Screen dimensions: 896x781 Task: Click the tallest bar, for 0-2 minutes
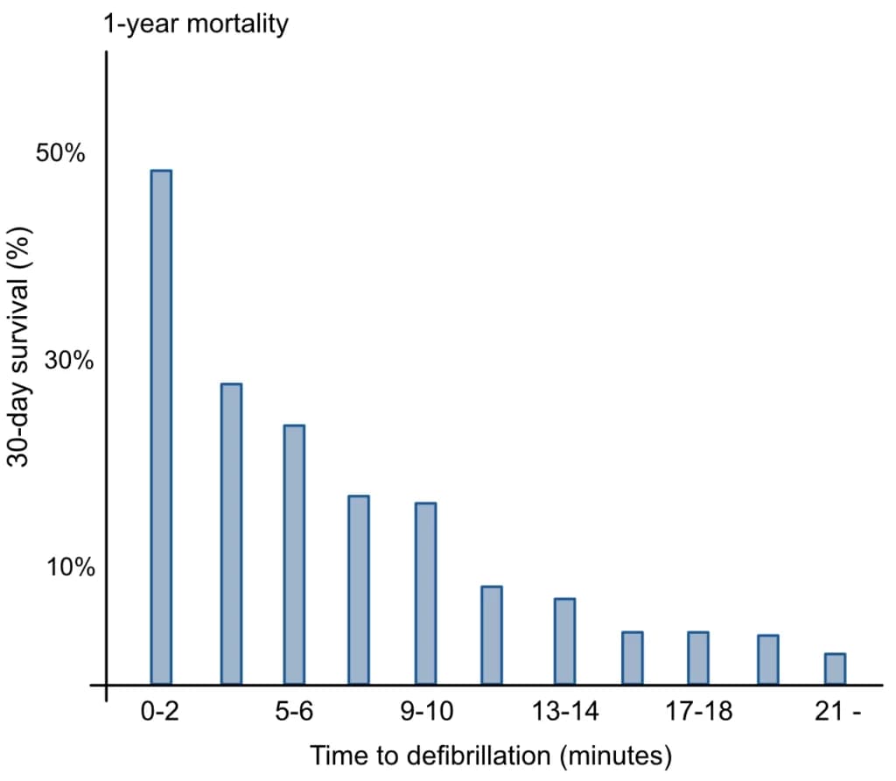coord(161,427)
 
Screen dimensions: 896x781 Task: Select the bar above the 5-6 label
coord(294,554)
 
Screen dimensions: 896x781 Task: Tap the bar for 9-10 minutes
coord(426,594)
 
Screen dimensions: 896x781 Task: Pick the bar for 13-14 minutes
coord(564,642)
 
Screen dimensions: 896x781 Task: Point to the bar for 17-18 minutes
coord(698,658)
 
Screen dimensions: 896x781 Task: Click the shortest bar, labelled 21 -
coord(835,669)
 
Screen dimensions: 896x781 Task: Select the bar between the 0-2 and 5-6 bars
coord(231,534)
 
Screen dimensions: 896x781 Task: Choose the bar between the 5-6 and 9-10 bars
coord(359,590)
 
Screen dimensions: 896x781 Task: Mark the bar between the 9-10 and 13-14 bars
coord(492,635)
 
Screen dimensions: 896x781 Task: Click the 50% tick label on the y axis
coord(60,153)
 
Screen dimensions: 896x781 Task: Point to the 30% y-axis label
coord(68,360)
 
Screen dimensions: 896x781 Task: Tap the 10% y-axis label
coord(71,567)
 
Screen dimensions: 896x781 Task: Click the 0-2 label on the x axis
coord(160,712)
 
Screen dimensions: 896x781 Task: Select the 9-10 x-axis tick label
coord(427,712)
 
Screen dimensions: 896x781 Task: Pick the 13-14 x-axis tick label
coord(565,712)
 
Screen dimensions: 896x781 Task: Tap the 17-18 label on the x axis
coord(699,712)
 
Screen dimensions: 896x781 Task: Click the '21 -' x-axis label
coord(837,712)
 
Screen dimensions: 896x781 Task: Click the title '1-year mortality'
coord(195,24)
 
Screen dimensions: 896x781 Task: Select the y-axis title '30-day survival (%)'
coord(19,347)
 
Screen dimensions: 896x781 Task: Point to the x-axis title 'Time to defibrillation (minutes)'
coord(491,756)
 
